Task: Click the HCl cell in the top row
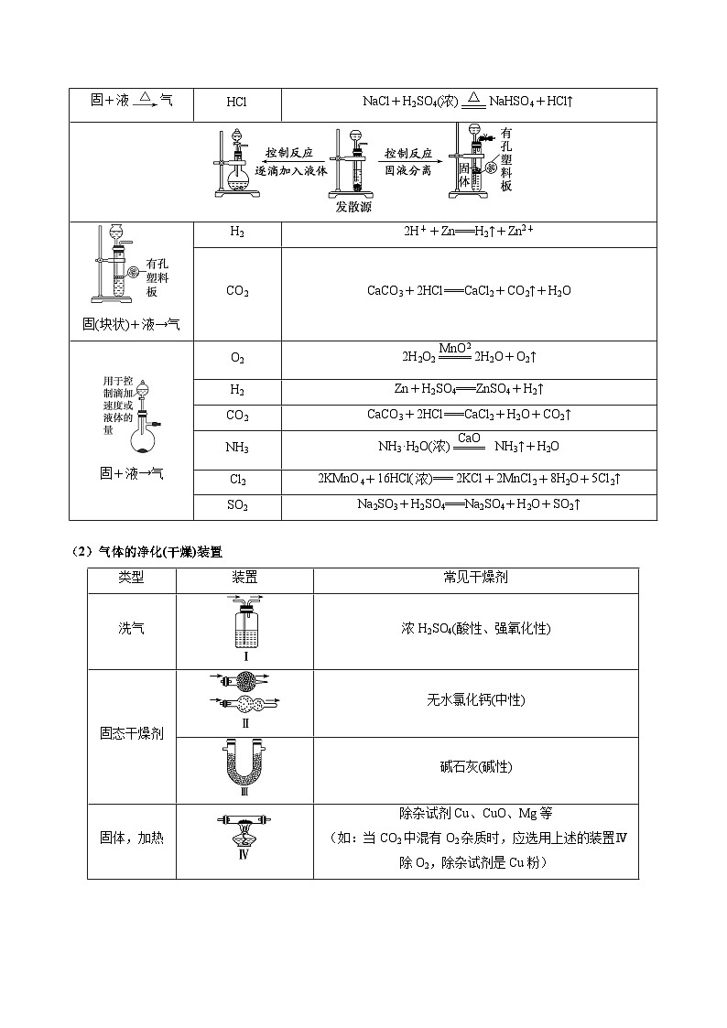(x=236, y=102)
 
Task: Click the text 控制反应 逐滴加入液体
(x=290, y=162)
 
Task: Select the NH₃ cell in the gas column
(x=237, y=448)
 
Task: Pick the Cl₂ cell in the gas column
(x=237, y=480)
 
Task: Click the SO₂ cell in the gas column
(x=237, y=505)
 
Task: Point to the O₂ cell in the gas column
(x=237, y=359)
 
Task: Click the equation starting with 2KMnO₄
(x=469, y=479)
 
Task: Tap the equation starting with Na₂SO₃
(x=469, y=504)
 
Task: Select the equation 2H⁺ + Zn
(x=469, y=233)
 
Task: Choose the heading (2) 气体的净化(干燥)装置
(x=146, y=552)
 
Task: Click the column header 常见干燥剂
(x=475, y=579)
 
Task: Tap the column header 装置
(x=244, y=579)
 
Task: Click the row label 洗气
(x=131, y=629)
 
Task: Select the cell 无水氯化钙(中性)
(x=475, y=700)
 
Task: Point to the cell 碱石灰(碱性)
(x=475, y=767)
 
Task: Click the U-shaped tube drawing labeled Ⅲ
(x=244, y=765)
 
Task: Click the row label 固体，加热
(x=131, y=837)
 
